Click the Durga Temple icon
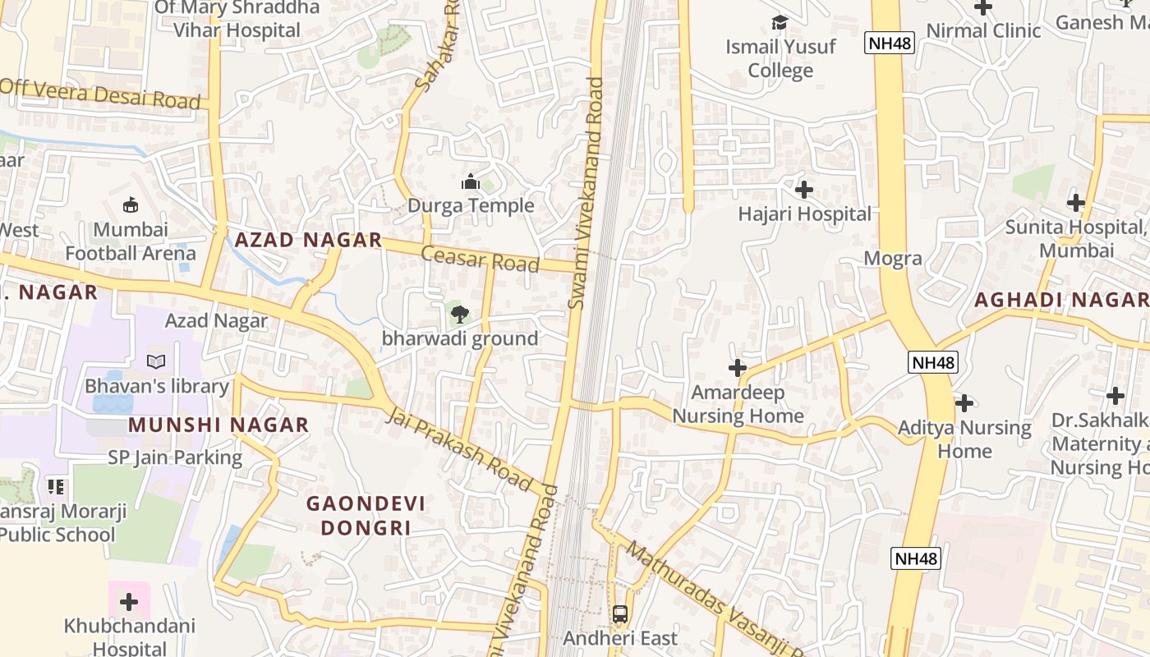(x=471, y=181)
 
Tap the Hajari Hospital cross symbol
(x=804, y=191)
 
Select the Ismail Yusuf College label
(x=780, y=58)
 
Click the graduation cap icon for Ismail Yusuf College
(x=780, y=22)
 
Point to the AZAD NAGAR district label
(x=308, y=240)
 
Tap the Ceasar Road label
(x=480, y=259)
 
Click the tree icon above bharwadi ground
(x=459, y=313)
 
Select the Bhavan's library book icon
(x=156, y=361)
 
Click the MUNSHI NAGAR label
(x=218, y=425)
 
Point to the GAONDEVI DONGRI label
(x=366, y=515)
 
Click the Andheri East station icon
(x=620, y=613)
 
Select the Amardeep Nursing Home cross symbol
(x=738, y=368)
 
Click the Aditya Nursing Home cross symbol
(x=964, y=403)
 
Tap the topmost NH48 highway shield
(x=890, y=44)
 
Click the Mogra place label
(x=892, y=259)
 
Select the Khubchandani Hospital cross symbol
(x=129, y=602)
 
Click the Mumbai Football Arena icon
(x=130, y=204)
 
